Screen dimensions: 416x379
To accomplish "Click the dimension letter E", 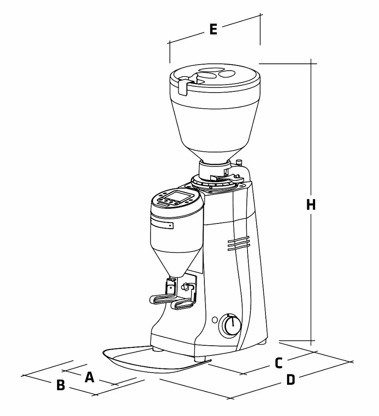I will [213, 29].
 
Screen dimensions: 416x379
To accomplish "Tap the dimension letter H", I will [311, 205].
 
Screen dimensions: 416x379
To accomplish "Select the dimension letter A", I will [90, 377].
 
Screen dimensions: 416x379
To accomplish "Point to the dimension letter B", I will [61, 385].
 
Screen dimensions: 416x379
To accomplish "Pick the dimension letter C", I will [278, 363].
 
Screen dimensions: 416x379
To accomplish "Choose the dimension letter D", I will [290, 380].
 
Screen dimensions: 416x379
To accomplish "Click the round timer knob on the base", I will [230, 325].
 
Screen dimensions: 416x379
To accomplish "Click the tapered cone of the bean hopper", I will [214, 130].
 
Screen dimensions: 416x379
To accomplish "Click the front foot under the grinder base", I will [199, 359].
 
